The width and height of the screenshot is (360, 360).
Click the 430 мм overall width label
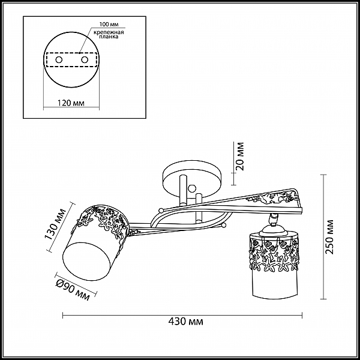pos(186,322)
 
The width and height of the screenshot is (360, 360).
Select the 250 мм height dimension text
pos(329,237)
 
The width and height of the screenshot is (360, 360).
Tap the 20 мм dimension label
pos(240,156)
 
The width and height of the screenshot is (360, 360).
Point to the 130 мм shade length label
pos(55,224)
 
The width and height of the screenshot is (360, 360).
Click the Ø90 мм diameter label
pos(73,290)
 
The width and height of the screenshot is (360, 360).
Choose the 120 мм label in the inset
pos(70,103)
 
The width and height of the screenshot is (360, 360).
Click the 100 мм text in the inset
pos(109,25)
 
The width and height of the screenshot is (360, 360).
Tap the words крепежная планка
pos(109,34)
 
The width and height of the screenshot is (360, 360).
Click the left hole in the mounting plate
pos(59,59)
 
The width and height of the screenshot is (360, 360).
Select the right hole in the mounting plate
pos(85,59)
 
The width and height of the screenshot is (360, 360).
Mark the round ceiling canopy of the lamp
pos(192,179)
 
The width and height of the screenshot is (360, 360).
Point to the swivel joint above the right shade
pos(273,218)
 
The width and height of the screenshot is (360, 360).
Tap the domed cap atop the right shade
pos(274,230)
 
